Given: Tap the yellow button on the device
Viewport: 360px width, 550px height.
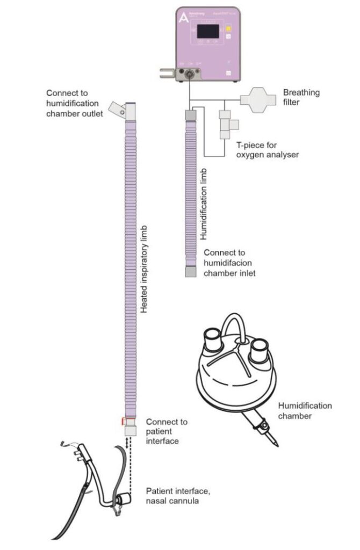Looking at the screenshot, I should [228, 28].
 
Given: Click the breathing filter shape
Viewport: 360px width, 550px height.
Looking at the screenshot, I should [257, 100].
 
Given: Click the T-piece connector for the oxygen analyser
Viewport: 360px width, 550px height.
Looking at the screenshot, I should [226, 124].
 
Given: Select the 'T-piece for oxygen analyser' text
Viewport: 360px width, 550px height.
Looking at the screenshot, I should [268, 150].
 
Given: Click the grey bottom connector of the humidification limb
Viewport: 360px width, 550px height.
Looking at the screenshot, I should [191, 272].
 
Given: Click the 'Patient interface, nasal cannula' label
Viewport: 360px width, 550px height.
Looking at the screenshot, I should [173, 497].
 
